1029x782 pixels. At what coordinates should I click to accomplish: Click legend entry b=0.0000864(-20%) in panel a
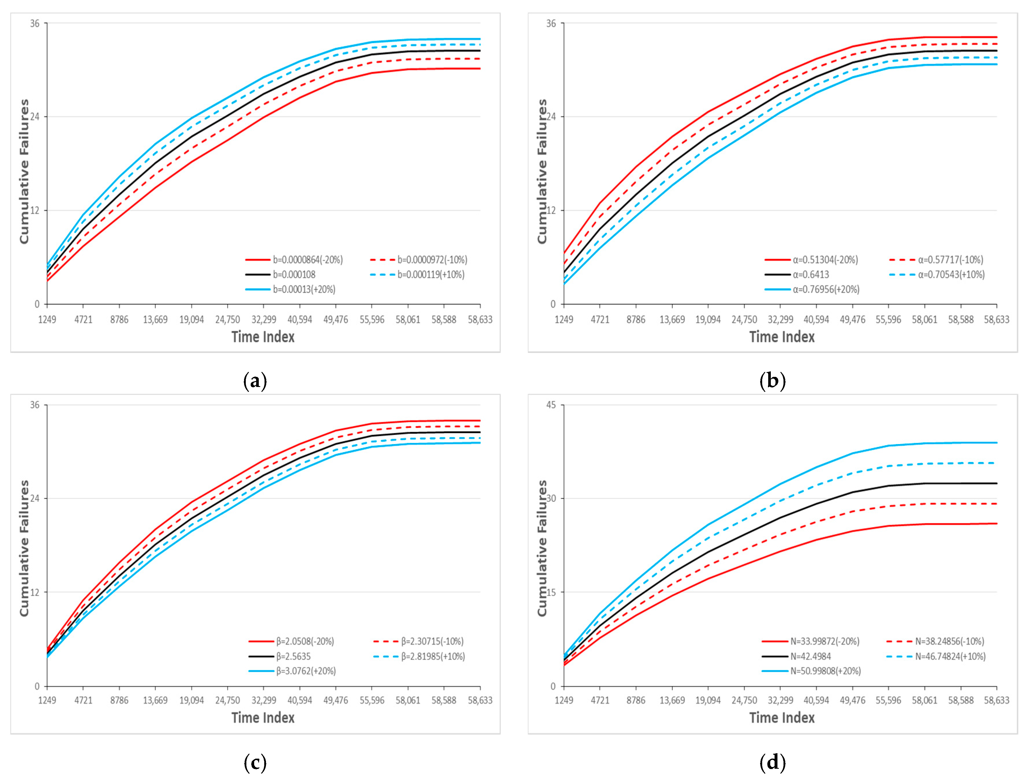click(307, 260)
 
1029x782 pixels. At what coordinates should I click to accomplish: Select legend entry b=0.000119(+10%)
click(431, 275)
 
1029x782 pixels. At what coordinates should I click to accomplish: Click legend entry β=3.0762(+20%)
click(305, 671)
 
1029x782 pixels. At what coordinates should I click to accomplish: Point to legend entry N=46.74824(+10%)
click(950, 656)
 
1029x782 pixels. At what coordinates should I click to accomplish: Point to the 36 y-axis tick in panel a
click(35, 23)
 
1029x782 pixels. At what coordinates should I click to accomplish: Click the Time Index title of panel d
click(782, 718)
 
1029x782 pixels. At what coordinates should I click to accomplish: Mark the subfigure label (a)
click(255, 381)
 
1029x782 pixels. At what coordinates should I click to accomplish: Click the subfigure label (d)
click(773, 762)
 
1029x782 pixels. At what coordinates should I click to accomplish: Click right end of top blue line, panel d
click(996, 443)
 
